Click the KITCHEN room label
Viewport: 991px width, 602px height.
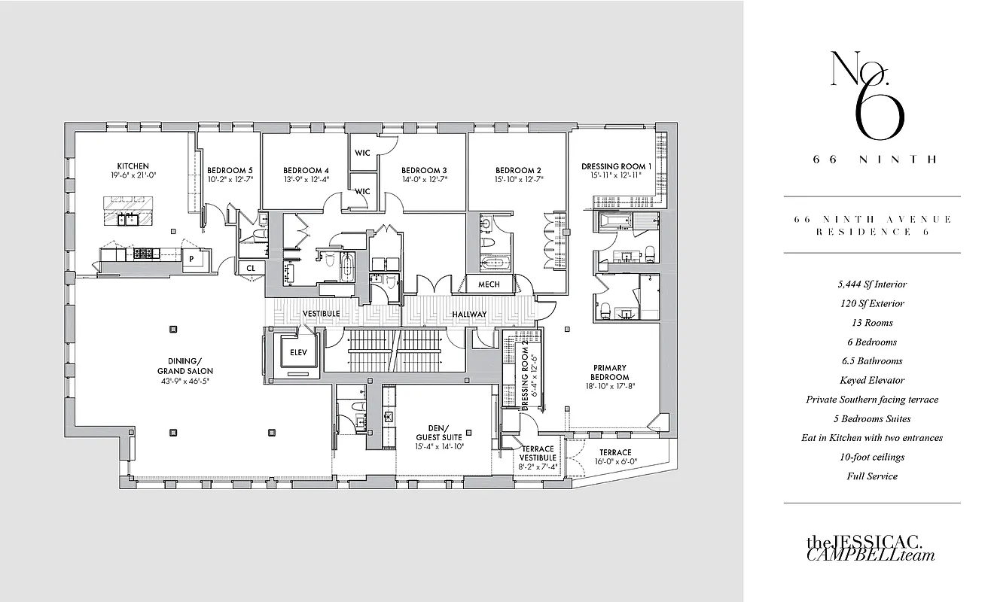pyautogui.click(x=133, y=166)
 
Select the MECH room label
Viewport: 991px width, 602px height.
pyautogui.click(x=488, y=285)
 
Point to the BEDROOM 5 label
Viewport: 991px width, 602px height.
pyautogui.click(x=230, y=170)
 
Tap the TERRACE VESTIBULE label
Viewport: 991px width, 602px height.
pyautogui.click(x=538, y=453)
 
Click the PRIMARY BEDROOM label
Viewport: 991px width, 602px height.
pyautogui.click(x=610, y=372)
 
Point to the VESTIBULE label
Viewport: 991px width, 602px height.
pyautogui.click(x=321, y=314)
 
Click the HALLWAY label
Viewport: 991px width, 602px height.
pyautogui.click(x=469, y=315)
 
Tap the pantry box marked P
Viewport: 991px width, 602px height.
pyautogui.click(x=192, y=258)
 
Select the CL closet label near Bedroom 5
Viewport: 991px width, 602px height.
pyautogui.click(x=249, y=267)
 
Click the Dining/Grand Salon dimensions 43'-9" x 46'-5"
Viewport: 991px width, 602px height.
pyautogui.click(x=184, y=381)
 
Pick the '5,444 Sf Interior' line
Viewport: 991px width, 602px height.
pyautogui.click(x=871, y=284)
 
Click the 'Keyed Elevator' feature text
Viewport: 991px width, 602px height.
pyautogui.click(x=871, y=380)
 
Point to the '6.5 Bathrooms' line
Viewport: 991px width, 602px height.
pyautogui.click(x=871, y=361)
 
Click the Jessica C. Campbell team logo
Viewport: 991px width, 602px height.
pyautogui.click(x=871, y=548)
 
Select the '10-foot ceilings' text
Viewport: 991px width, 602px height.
pyautogui.click(x=871, y=457)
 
